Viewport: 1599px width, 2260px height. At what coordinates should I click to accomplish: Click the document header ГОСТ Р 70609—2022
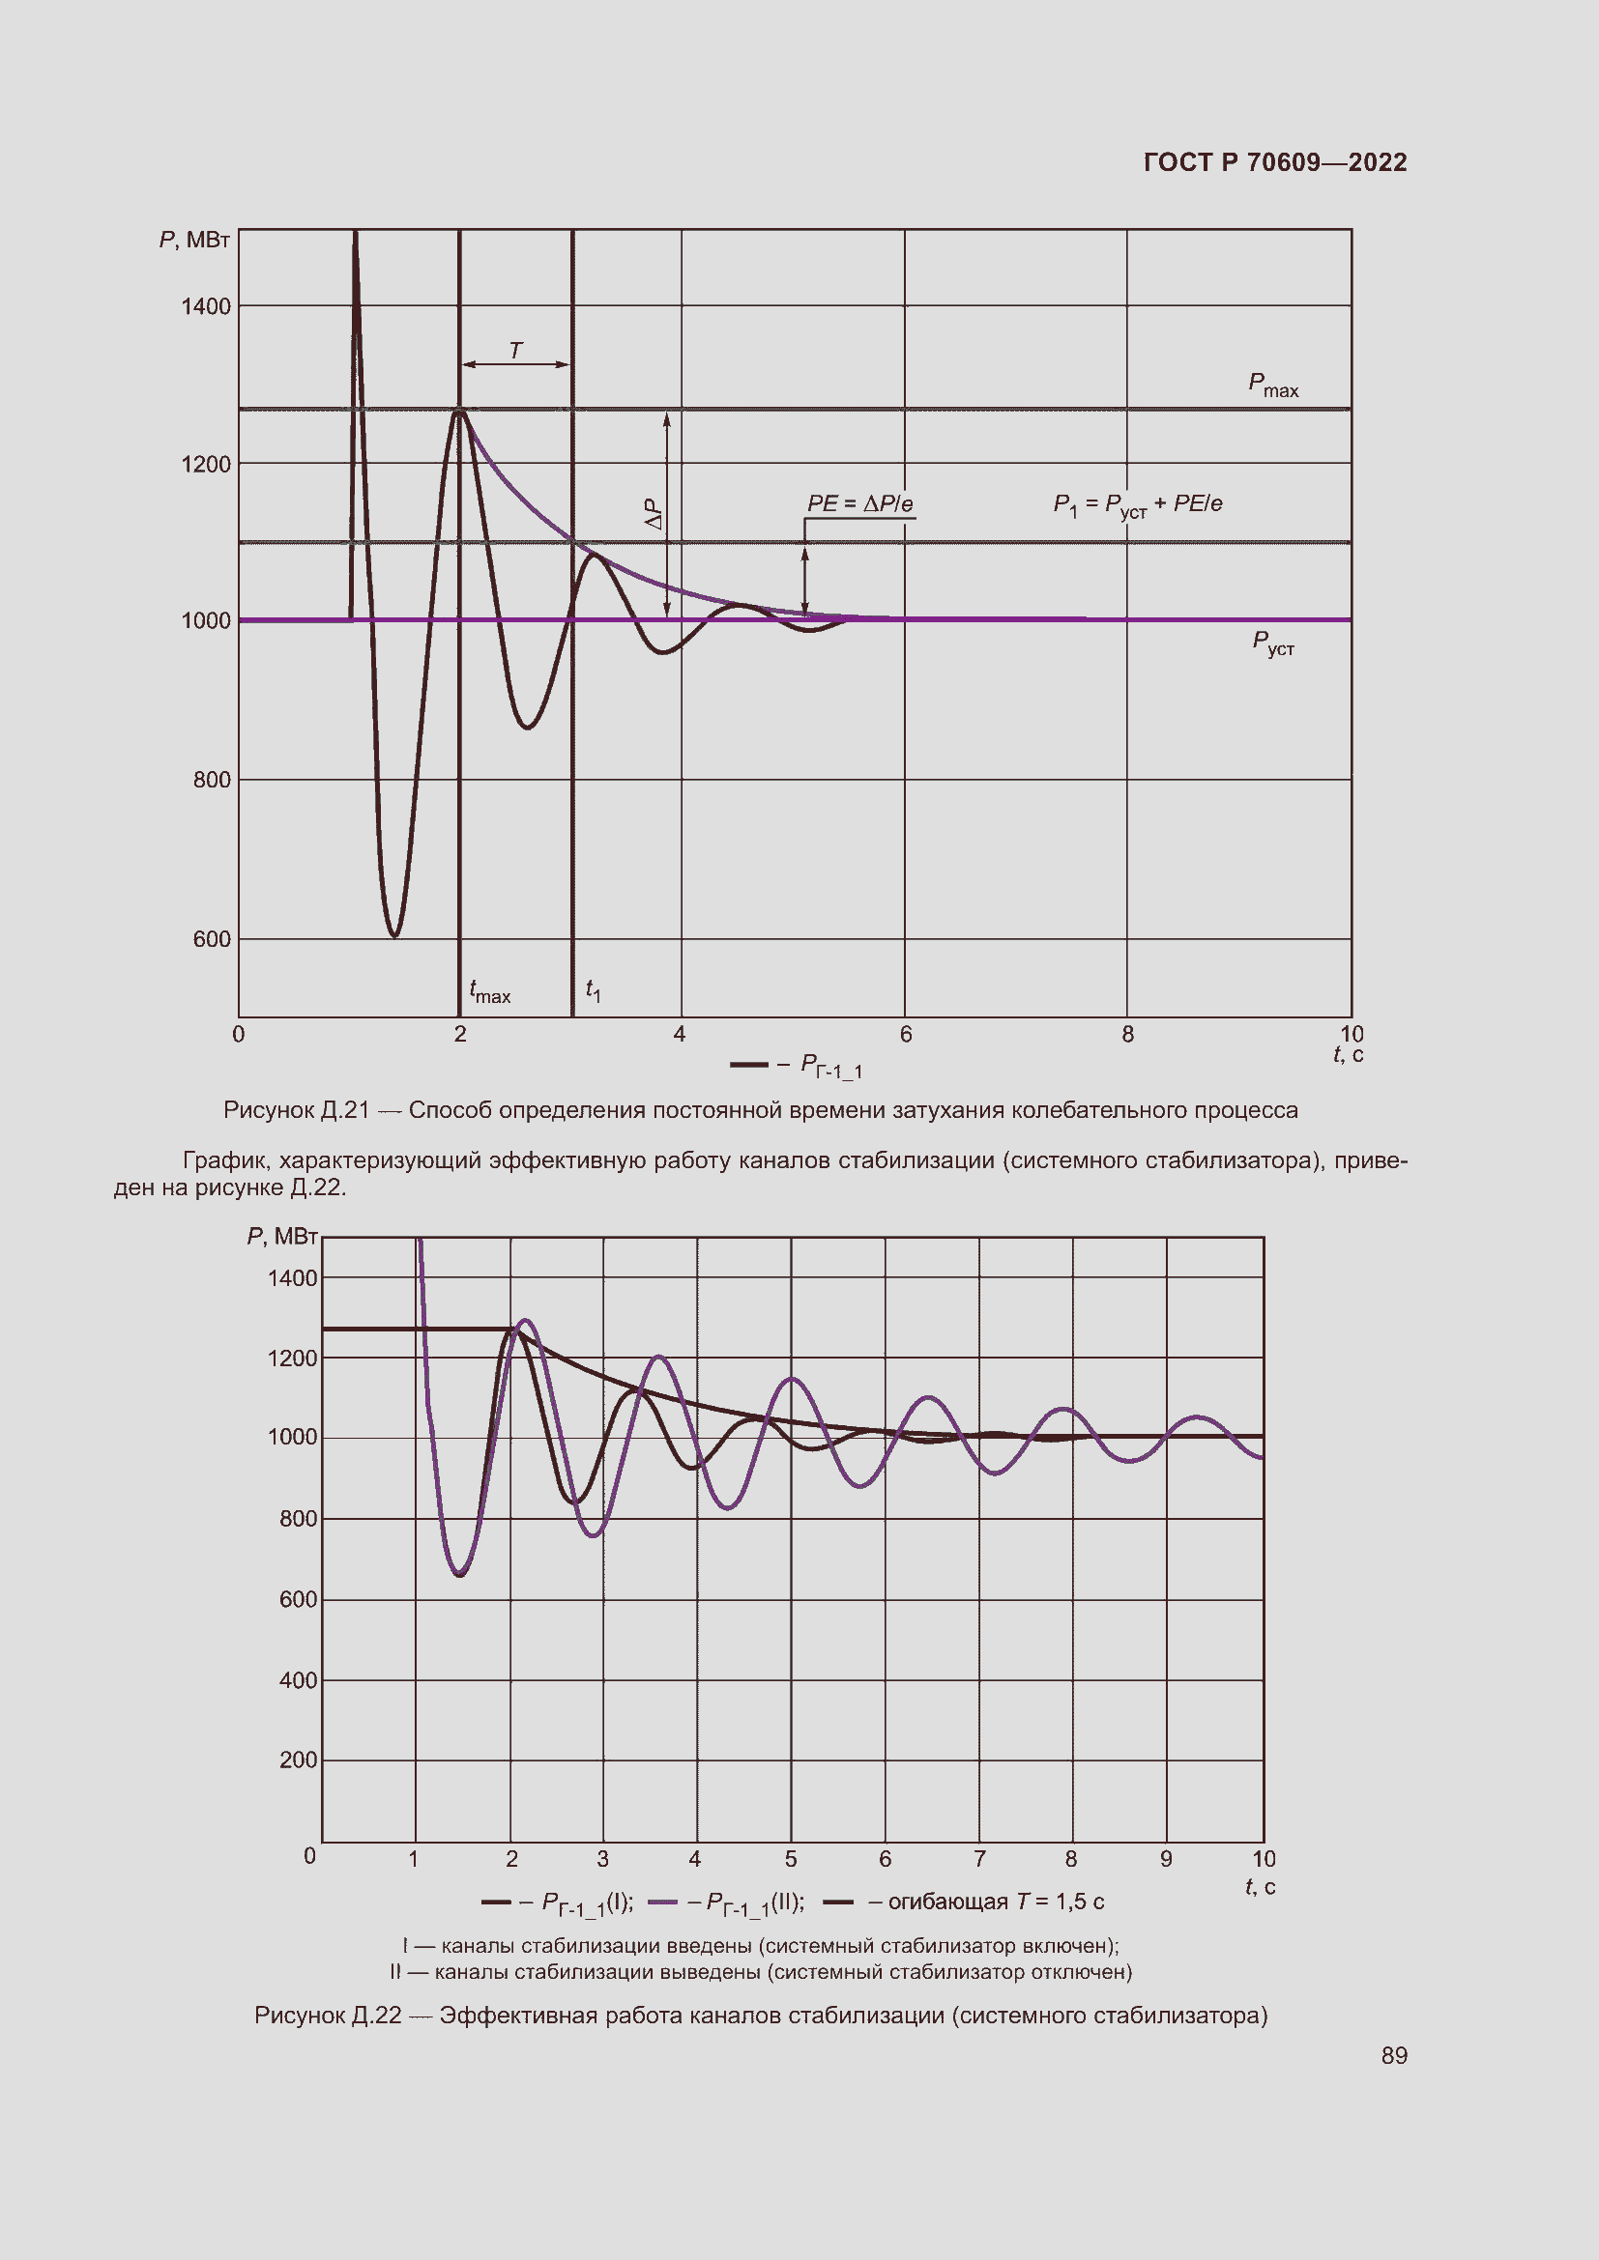point(1274,162)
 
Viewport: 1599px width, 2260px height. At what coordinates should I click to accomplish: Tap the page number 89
point(1393,2055)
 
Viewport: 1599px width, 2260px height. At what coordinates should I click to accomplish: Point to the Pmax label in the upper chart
point(1272,385)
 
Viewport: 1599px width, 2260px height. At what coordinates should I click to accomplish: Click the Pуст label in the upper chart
point(1272,643)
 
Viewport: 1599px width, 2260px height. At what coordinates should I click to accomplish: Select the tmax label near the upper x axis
point(489,991)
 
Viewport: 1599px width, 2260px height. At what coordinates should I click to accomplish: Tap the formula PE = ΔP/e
point(859,504)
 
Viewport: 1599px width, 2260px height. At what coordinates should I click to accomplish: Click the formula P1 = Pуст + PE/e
point(1137,505)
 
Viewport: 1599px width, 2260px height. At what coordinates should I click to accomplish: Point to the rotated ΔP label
point(654,513)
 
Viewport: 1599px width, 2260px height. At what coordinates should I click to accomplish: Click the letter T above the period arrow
point(515,351)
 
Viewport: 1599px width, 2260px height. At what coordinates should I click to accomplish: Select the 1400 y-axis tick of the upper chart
point(206,307)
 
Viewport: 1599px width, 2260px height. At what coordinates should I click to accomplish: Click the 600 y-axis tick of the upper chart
point(212,939)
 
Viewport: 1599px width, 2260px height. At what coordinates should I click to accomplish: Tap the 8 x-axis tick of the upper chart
point(1127,1035)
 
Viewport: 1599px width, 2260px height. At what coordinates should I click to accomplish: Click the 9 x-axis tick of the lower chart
point(1166,1858)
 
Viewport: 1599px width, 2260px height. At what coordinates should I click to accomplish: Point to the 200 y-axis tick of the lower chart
point(298,1759)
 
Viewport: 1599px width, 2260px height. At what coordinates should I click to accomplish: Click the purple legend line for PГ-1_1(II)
point(662,1902)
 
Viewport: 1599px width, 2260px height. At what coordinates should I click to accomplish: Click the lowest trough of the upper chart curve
point(393,935)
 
